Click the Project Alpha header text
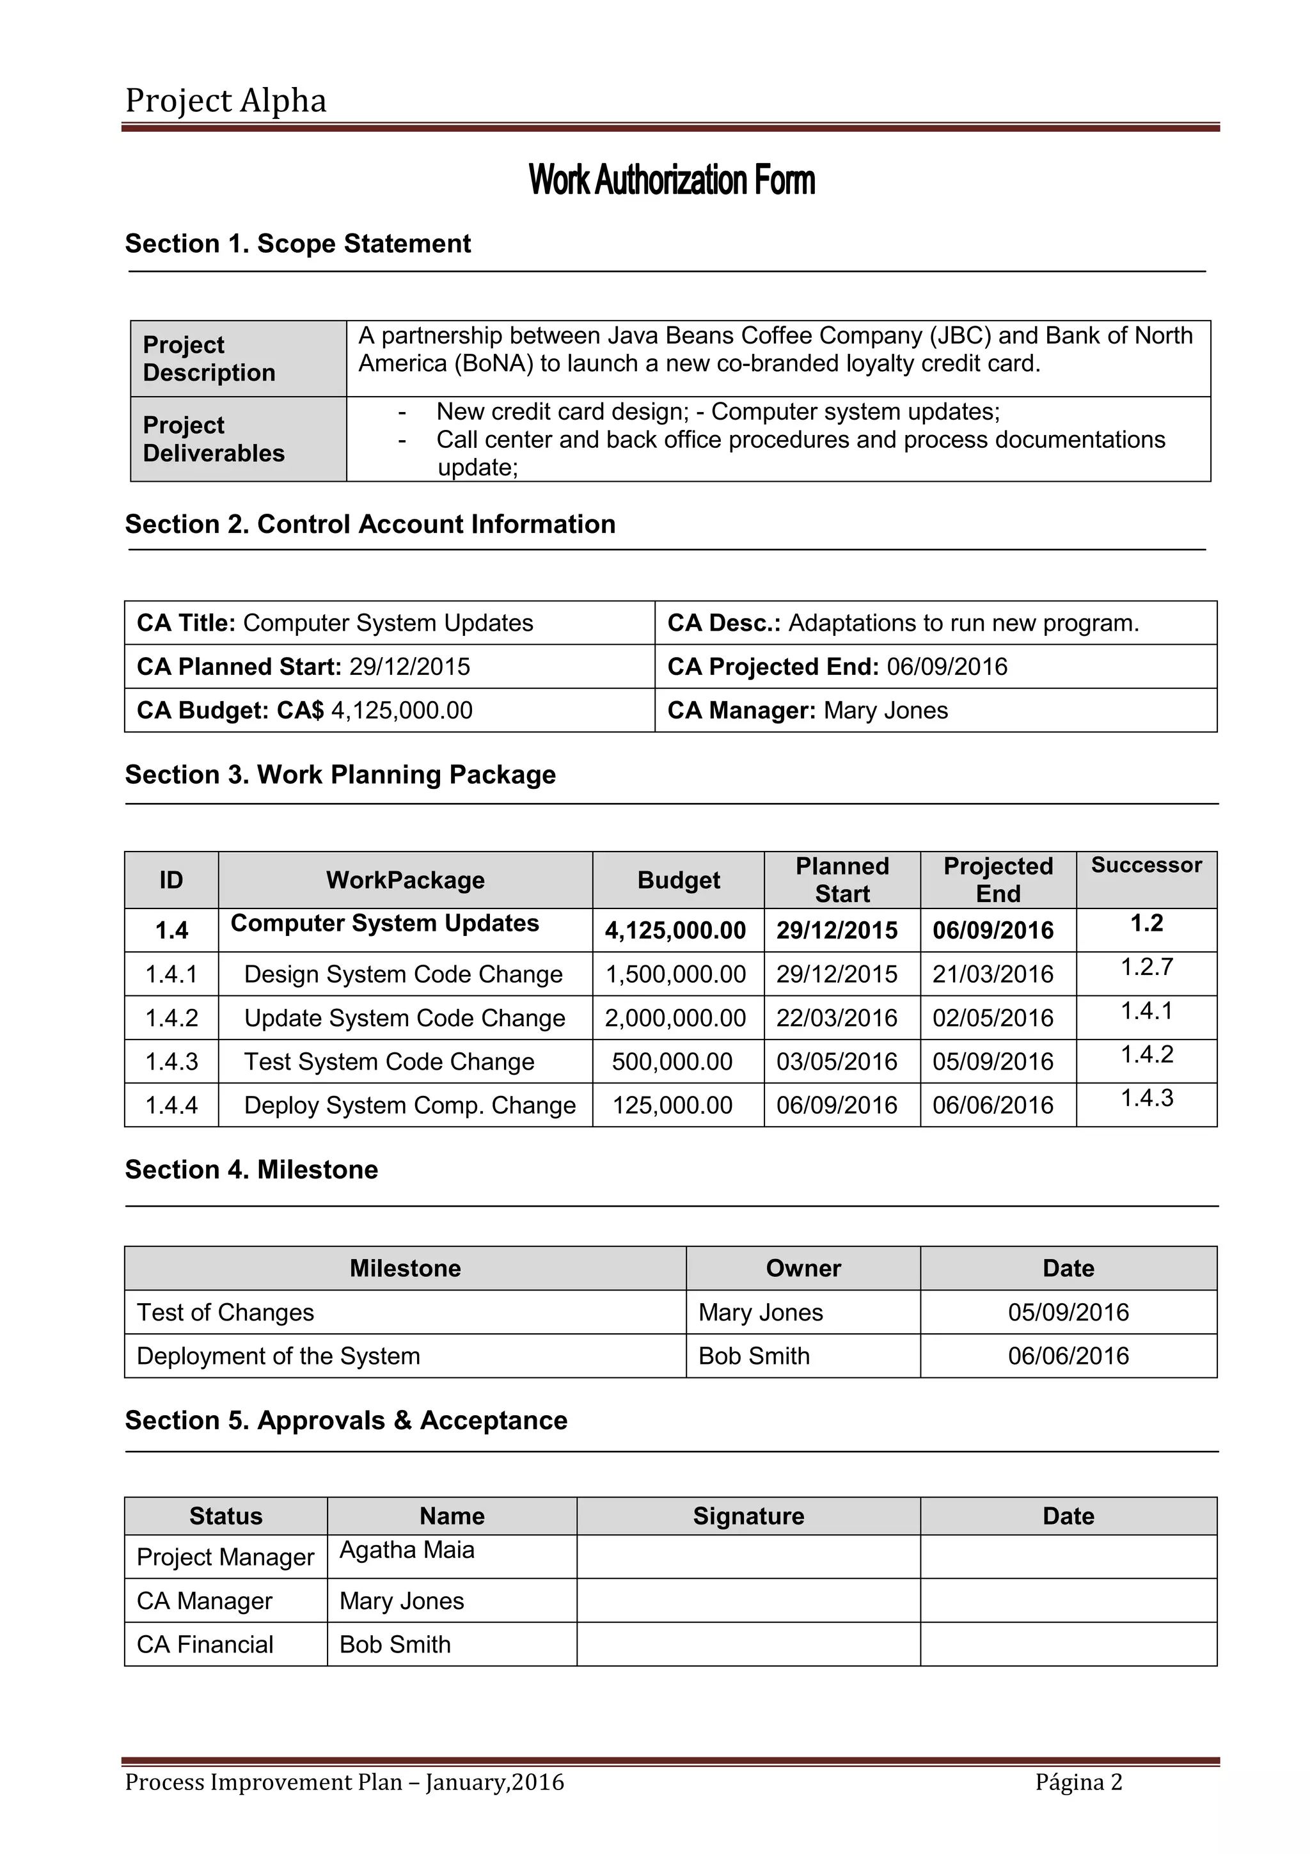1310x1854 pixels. [x=225, y=101]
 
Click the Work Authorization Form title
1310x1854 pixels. [x=672, y=179]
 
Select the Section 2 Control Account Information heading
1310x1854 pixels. [x=370, y=524]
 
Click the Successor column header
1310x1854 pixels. [x=1146, y=865]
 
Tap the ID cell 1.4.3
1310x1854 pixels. [x=171, y=1061]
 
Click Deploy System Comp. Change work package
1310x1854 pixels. [x=409, y=1105]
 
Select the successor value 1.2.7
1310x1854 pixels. [x=1146, y=967]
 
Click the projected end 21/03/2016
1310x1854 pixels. [x=992, y=974]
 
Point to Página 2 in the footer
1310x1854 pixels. [x=1078, y=1781]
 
